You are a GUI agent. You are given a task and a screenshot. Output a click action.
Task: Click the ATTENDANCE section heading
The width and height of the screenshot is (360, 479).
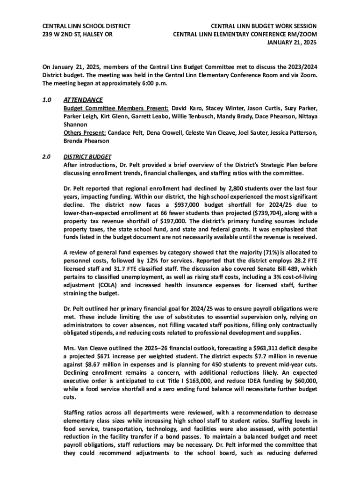(x=83, y=100)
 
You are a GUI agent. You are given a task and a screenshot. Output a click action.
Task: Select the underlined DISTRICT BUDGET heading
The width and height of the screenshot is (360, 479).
(x=87, y=157)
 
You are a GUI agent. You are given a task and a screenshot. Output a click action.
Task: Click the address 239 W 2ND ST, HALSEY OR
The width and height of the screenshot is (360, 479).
(x=77, y=34)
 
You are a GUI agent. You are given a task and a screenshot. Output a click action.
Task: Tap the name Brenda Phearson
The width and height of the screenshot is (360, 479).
(x=86, y=141)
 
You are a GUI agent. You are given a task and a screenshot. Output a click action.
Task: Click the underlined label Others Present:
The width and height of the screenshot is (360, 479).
(x=85, y=133)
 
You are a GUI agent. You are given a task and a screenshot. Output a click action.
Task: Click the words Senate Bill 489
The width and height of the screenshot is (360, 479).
(x=280, y=268)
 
